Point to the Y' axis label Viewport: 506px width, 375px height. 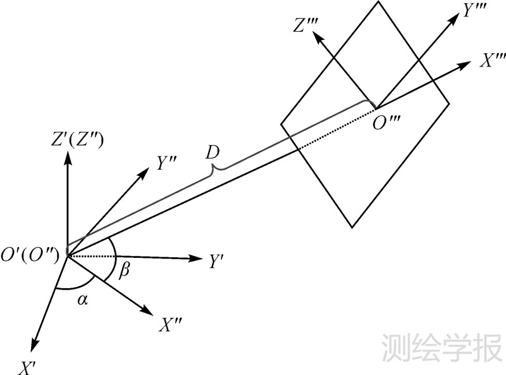[216, 261]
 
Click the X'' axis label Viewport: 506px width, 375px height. [171, 326]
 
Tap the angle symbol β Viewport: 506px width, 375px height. [125, 271]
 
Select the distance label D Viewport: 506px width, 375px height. [213, 153]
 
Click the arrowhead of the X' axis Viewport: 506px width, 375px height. [32, 346]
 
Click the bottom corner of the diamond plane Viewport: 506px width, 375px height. [352, 227]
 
